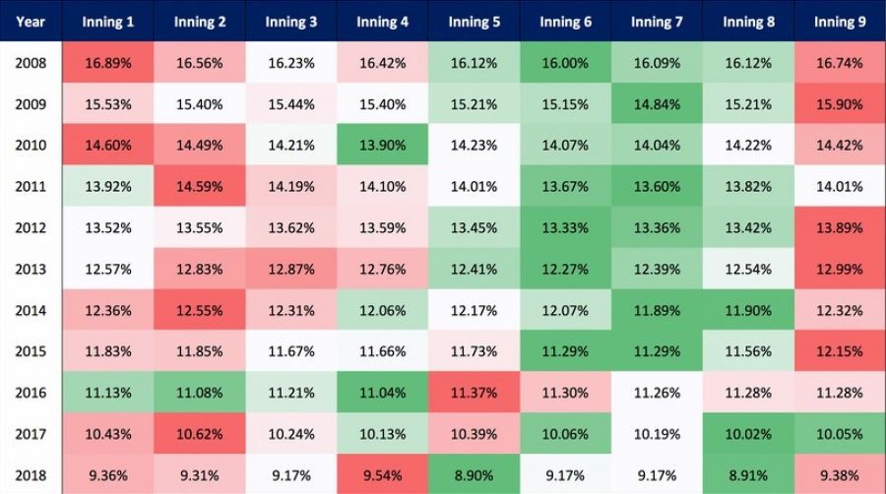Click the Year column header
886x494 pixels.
tap(30, 22)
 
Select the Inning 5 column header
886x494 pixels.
tap(473, 22)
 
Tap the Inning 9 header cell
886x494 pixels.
tap(840, 22)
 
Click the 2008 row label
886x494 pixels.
tap(30, 63)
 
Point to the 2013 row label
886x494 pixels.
tap(30, 269)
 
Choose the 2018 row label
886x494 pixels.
tap(30, 473)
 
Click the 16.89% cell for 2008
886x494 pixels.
tap(107, 63)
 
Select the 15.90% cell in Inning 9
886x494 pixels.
tap(840, 104)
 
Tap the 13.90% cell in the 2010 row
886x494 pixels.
tap(382, 146)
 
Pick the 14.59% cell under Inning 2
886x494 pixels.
tap(199, 186)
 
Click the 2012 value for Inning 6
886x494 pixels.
tap(565, 227)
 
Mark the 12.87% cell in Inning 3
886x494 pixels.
tap(290, 269)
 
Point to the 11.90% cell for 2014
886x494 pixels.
tap(748, 309)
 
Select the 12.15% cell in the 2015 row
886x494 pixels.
tap(840, 350)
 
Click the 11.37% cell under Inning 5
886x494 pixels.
tap(474, 392)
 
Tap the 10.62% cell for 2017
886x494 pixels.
tap(199, 433)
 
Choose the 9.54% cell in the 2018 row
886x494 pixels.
tap(382, 473)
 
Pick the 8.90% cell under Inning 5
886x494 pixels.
tap(474, 473)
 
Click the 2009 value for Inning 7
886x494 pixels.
tap(657, 104)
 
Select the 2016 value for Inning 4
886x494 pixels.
tap(382, 392)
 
